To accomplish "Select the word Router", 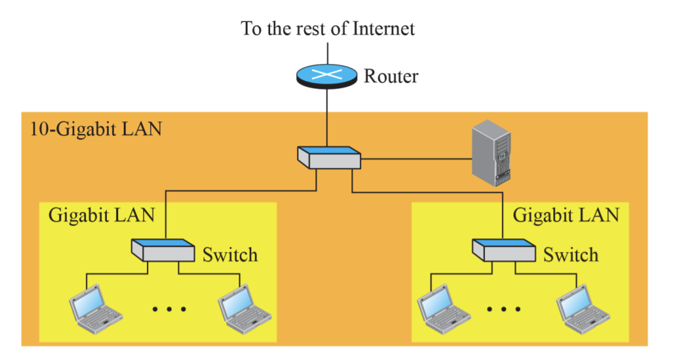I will pyautogui.click(x=391, y=77).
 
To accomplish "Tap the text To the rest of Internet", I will pyautogui.click(x=328, y=28).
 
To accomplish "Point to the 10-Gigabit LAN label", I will pyautogui.click(x=95, y=129).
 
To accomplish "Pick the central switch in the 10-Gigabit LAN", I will pyautogui.click(x=329, y=158).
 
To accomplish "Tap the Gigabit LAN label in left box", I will pyautogui.click(x=101, y=215).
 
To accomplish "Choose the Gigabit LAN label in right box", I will pyautogui.click(x=566, y=215).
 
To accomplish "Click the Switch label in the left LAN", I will pyautogui.click(x=230, y=255).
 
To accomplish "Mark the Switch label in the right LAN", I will pyautogui.click(x=570, y=255).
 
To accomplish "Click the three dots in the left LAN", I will pyautogui.click(x=170, y=309).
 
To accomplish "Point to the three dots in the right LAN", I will pyautogui.click(x=504, y=309).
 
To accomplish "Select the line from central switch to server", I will pyautogui.click(x=414, y=160).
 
